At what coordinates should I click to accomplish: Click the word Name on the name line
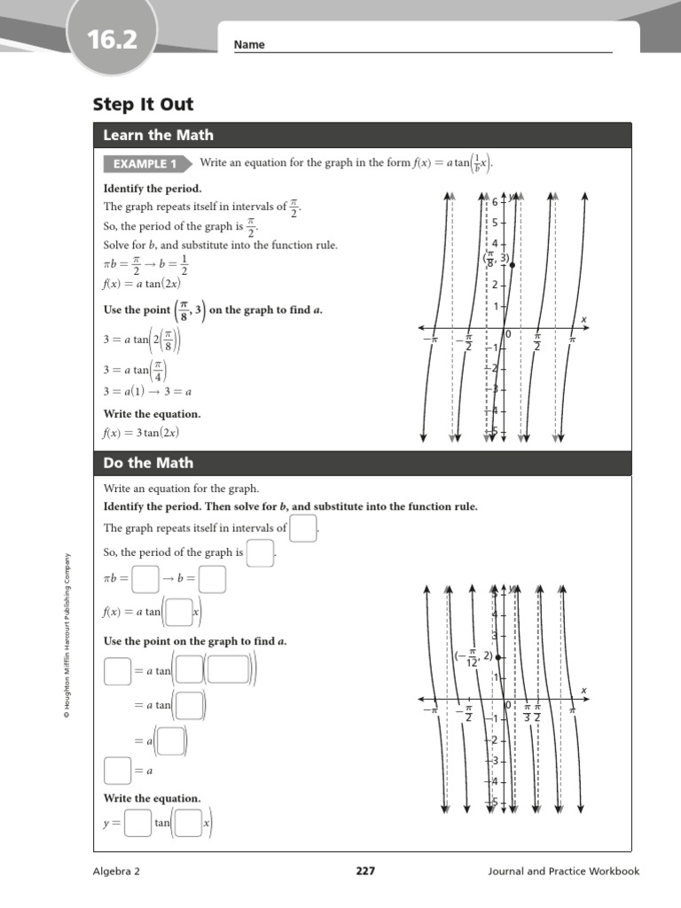(x=249, y=45)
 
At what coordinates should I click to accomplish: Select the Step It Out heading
(x=143, y=105)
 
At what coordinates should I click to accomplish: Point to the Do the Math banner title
(x=147, y=463)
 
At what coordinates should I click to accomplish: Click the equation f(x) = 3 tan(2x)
(x=142, y=434)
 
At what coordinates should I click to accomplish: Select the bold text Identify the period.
(x=153, y=189)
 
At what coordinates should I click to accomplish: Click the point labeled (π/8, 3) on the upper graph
(x=513, y=265)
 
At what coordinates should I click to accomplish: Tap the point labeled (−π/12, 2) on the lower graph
(x=498, y=657)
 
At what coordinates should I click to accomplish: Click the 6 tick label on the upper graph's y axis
(x=495, y=202)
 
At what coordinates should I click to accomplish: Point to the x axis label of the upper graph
(x=583, y=319)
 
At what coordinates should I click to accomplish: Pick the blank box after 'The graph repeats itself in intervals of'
(x=304, y=528)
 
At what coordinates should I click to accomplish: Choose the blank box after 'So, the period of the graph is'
(x=260, y=553)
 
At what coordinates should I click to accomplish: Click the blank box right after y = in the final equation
(x=137, y=823)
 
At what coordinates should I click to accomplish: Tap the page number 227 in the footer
(x=365, y=872)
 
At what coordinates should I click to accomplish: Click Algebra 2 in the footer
(x=117, y=872)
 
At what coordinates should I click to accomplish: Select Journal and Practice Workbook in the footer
(x=563, y=872)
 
